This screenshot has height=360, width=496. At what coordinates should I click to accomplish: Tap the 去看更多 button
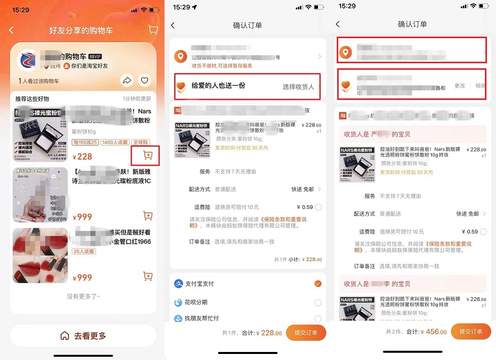coord(83,336)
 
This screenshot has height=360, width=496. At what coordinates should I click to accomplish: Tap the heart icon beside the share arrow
coord(144,80)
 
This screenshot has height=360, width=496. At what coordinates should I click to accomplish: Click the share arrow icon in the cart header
coord(127,80)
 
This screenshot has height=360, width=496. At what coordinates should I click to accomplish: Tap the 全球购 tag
coord(141,142)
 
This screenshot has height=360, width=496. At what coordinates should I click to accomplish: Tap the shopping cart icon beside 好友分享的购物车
coord(153,30)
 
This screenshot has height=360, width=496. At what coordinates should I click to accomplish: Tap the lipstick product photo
coord(40,256)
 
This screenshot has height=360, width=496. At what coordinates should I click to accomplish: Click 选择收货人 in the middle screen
coord(298,87)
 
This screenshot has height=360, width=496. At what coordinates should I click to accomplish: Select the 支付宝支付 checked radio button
coord(318,284)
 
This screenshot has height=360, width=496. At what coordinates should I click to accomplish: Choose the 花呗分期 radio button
coord(318,302)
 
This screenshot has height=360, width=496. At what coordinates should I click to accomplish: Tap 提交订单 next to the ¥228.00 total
coord(306,333)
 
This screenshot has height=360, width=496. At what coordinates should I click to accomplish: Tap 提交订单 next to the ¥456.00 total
coord(471,331)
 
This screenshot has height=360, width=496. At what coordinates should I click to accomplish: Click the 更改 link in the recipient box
coord(460,86)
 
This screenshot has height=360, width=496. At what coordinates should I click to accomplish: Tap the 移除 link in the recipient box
coord(480,86)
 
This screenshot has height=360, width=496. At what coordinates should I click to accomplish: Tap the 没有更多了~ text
coord(83,297)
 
